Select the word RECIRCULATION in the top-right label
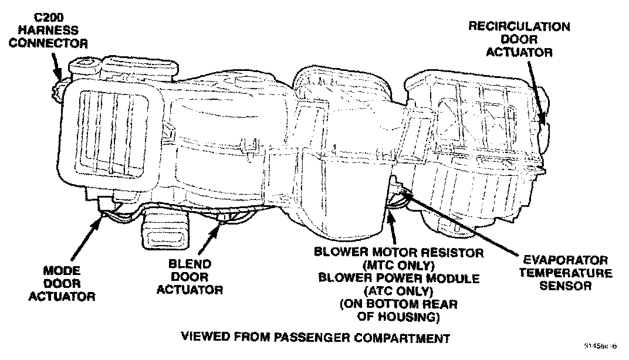[x=519, y=27]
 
